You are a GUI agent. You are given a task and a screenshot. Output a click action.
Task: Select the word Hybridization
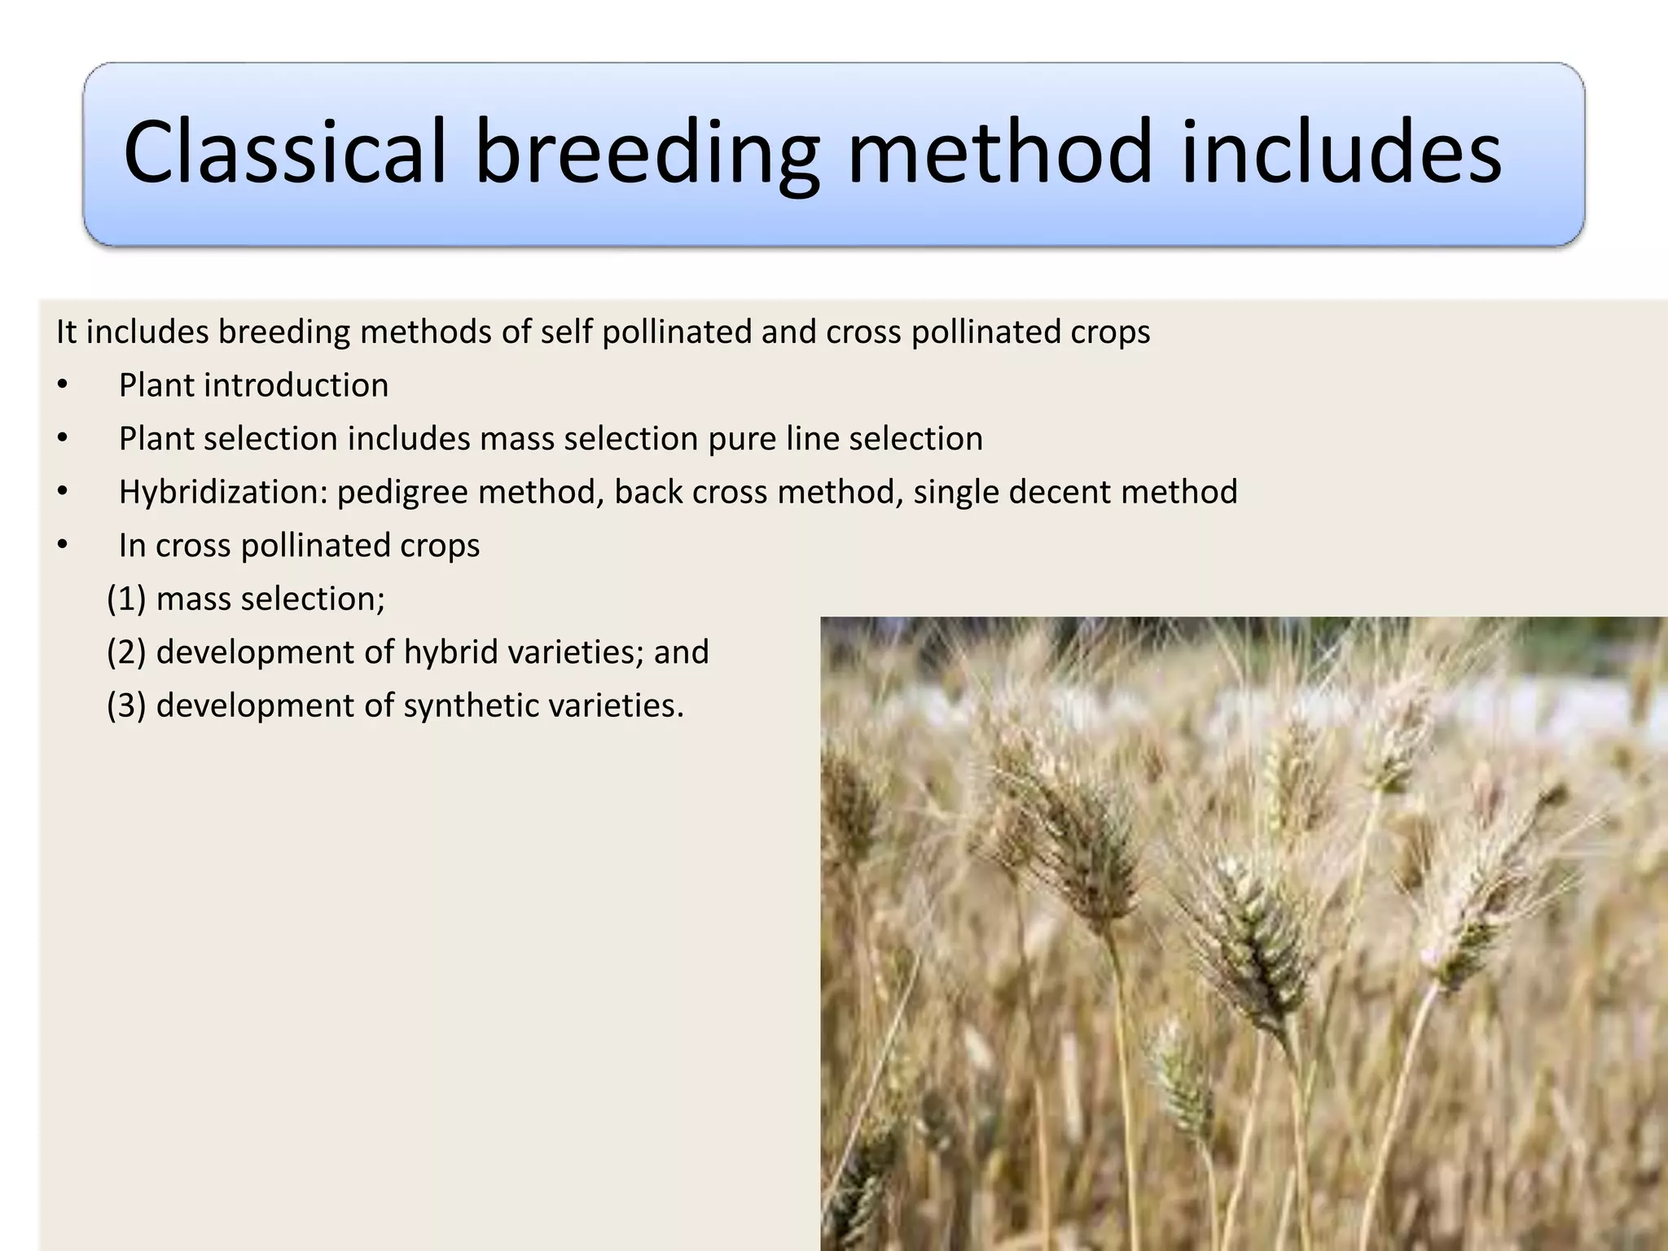tap(222, 492)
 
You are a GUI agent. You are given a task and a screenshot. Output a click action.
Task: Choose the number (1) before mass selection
tap(126, 599)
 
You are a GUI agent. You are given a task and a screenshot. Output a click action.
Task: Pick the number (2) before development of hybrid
tap(126, 652)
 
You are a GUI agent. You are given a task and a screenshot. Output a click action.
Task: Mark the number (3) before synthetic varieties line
tap(126, 705)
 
